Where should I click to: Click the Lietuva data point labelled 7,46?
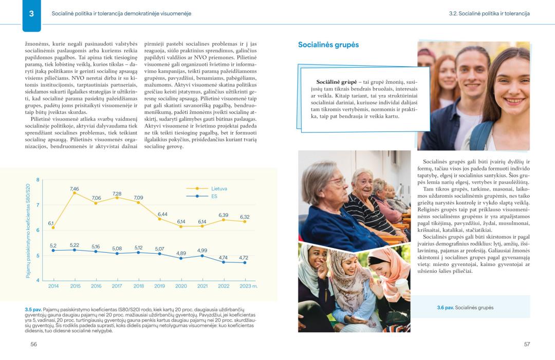[x=75, y=193]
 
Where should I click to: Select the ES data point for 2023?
[x=245, y=262]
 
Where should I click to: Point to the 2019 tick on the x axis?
[x=160, y=286]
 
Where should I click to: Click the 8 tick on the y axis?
[x=38, y=180]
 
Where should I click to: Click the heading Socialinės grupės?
[x=328, y=45]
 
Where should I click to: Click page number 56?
[x=33, y=344]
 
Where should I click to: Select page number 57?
[x=527, y=344]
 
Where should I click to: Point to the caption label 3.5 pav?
[x=32, y=310]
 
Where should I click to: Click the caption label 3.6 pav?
[x=445, y=308]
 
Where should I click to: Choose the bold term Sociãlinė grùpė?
[x=337, y=82]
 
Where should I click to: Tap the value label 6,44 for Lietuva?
[x=162, y=214]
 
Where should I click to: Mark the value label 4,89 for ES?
[x=181, y=253]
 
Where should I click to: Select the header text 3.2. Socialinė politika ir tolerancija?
[x=489, y=13]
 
